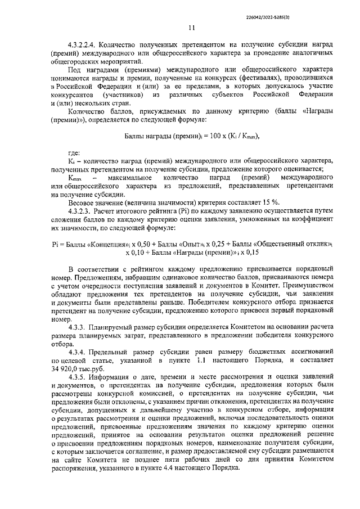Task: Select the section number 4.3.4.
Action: (80, 352)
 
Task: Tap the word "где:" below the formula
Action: (74, 153)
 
